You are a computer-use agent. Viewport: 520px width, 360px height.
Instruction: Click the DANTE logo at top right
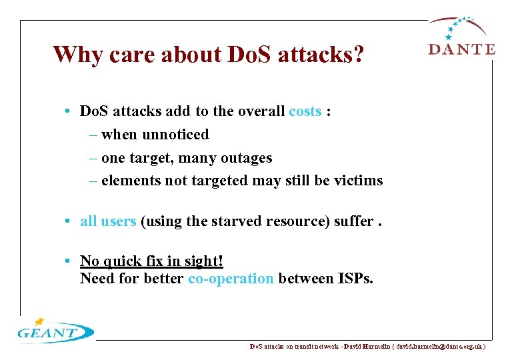tap(461, 37)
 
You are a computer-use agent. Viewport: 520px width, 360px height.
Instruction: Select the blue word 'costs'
tap(305, 111)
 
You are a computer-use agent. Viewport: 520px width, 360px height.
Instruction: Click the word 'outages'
tap(247, 158)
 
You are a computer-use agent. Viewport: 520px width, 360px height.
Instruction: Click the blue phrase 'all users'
tap(108, 221)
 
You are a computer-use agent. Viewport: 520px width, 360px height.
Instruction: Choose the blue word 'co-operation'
tap(231, 278)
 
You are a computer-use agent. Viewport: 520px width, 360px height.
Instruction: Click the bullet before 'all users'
tap(70, 221)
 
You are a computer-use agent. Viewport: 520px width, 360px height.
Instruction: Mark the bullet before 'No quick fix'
tap(70, 261)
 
